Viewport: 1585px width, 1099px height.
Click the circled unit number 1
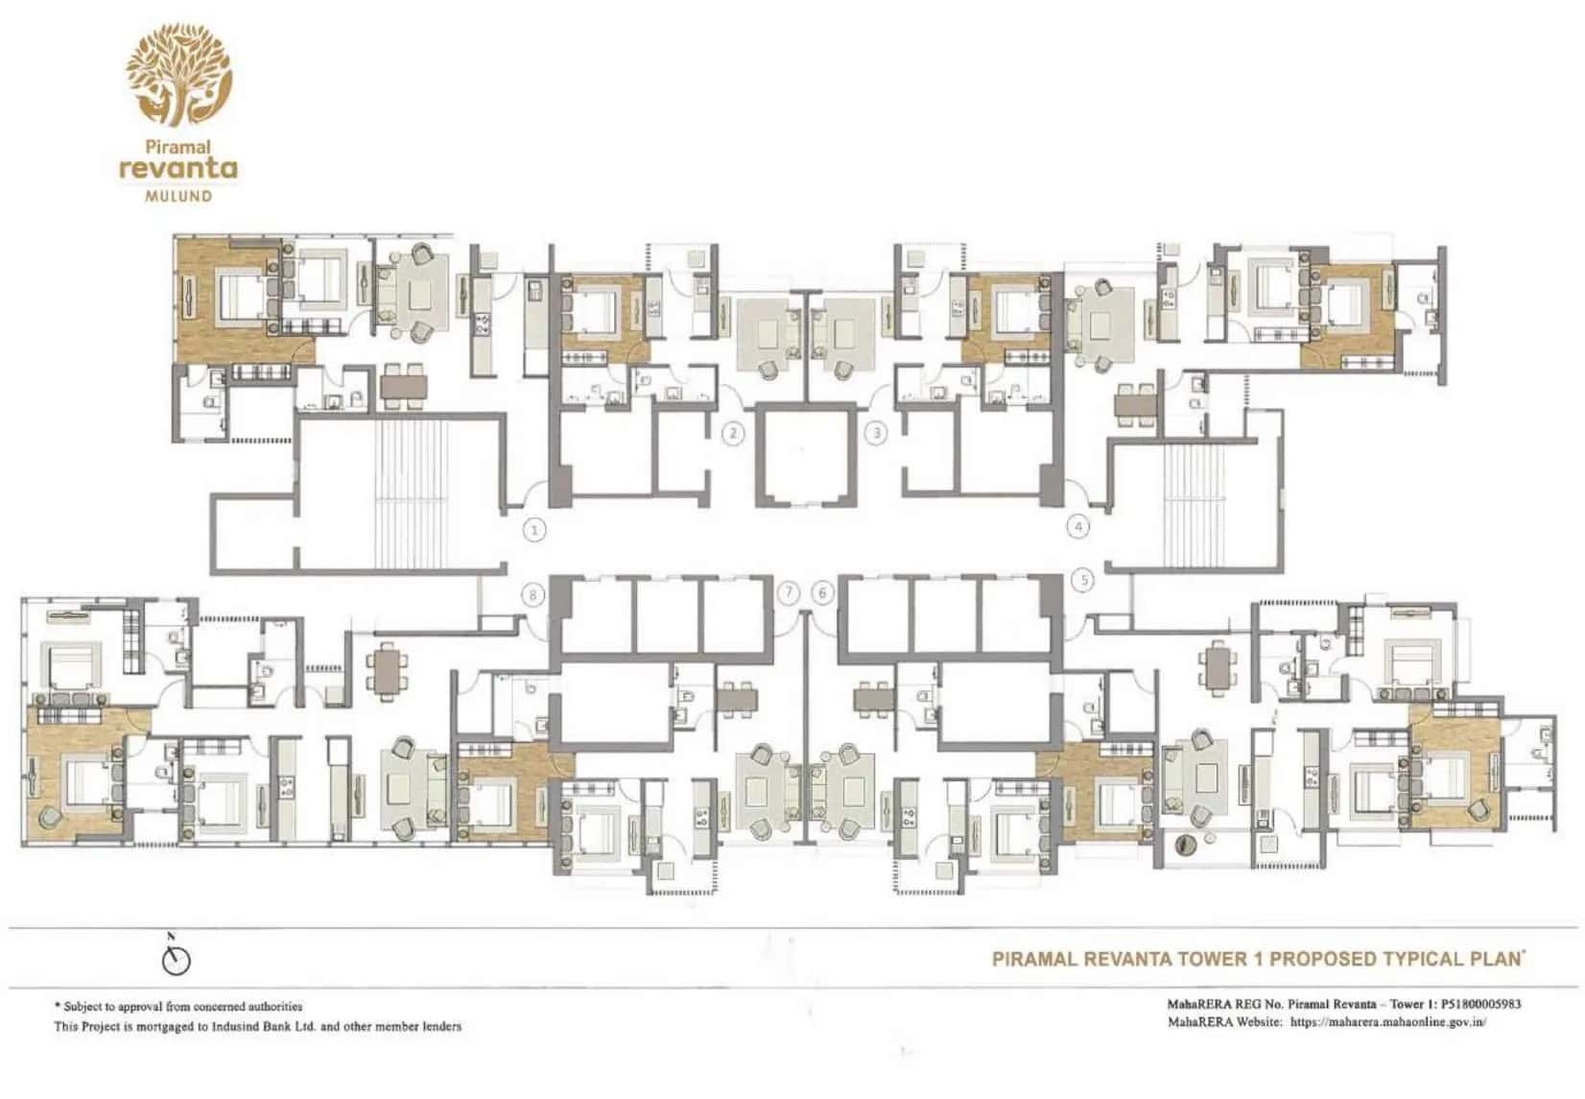click(x=534, y=529)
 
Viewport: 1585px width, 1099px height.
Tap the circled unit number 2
click(x=733, y=433)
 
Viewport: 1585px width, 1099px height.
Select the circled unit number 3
click(x=876, y=433)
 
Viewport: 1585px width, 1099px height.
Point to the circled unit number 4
click(x=1079, y=527)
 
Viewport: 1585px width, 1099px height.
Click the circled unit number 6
click(x=822, y=593)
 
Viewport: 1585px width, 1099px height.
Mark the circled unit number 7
click(x=789, y=593)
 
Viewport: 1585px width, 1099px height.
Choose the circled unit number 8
click(x=534, y=595)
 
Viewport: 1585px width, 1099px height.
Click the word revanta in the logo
click(x=178, y=169)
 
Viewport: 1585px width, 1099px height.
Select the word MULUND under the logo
click(x=178, y=196)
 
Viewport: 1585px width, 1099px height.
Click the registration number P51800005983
click(x=1480, y=1005)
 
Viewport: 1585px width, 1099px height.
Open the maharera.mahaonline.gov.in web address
click(x=1388, y=1022)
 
